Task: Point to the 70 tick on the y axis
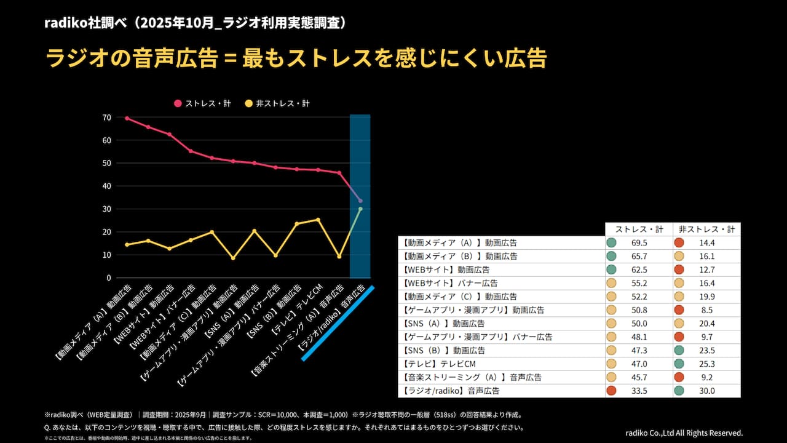pyautogui.click(x=107, y=118)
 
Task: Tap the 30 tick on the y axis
pyautogui.click(x=107, y=209)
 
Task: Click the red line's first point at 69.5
pyautogui.click(x=127, y=118)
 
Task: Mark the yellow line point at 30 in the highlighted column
pyautogui.click(x=360, y=209)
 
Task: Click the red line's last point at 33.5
pyautogui.click(x=360, y=201)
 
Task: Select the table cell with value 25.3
pyautogui.click(x=707, y=364)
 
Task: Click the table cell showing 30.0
pyautogui.click(x=707, y=391)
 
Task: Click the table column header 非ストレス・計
pyautogui.click(x=706, y=229)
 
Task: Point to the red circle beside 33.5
pyautogui.click(x=611, y=391)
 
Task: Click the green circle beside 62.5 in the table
pyautogui.click(x=611, y=269)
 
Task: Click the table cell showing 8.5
pyautogui.click(x=707, y=310)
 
